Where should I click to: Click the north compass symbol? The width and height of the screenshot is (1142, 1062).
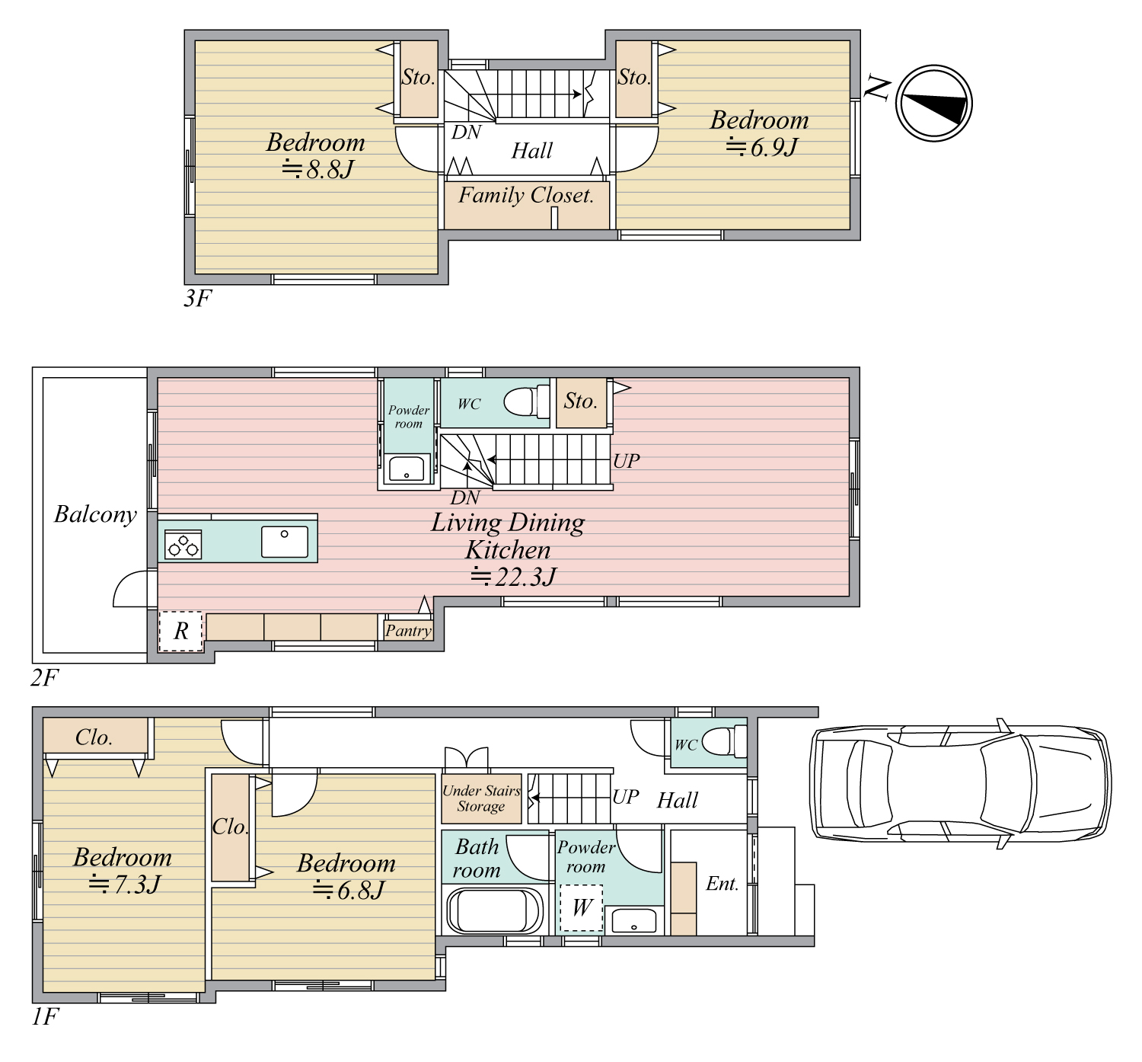tap(933, 103)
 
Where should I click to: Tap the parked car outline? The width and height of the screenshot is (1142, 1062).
tap(960, 783)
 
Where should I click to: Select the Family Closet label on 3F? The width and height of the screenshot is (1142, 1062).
tap(525, 195)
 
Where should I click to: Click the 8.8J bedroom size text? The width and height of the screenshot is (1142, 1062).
tap(317, 169)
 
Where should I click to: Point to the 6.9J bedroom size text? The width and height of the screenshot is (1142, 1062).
tap(761, 147)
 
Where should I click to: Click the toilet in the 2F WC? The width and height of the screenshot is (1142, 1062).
tap(527, 401)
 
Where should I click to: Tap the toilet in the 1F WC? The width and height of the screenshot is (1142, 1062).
tap(724, 741)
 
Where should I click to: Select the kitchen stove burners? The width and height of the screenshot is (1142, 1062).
tap(183, 545)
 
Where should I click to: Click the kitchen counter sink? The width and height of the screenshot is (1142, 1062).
tap(284, 542)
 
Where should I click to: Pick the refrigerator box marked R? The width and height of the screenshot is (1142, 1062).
tap(180, 631)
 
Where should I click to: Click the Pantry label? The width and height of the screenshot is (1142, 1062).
tap(407, 630)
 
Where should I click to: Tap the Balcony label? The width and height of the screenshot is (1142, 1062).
tap(95, 514)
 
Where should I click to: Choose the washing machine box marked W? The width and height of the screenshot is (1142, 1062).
tap(582, 908)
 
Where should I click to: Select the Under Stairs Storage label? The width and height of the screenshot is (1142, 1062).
tap(481, 798)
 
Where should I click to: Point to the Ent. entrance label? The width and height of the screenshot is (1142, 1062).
tap(722, 883)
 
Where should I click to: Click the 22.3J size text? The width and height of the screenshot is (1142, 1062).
tap(513, 576)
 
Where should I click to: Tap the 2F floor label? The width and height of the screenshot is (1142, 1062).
tap(44, 677)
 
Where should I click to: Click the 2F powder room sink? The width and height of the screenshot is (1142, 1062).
tap(407, 468)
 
